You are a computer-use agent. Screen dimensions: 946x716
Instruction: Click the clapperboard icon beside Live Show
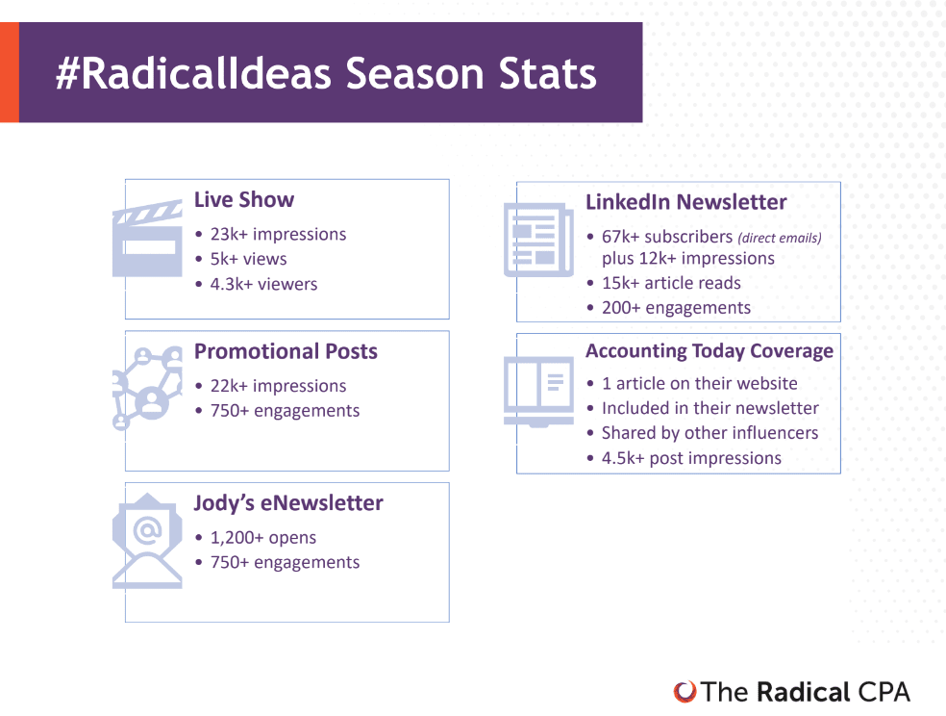pyautogui.click(x=147, y=239)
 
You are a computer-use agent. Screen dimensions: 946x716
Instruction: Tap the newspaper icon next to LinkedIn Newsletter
pyautogui.click(x=538, y=240)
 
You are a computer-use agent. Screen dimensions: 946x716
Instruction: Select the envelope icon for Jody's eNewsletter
pyautogui.click(x=147, y=541)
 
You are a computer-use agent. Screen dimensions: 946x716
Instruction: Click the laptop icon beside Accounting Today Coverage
pyautogui.click(x=538, y=392)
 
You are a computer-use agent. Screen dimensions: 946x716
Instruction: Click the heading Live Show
pyautogui.click(x=244, y=200)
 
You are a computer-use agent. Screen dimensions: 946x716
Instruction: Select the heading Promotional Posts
pyautogui.click(x=286, y=351)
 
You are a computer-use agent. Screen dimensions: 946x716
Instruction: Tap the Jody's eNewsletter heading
pyautogui.click(x=288, y=503)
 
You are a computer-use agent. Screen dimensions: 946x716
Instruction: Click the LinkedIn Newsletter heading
pyautogui.click(x=686, y=202)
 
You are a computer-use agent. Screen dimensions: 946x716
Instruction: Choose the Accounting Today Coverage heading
pyautogui.click(x=709, y=351)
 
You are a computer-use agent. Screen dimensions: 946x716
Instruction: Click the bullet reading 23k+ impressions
pyautogui.click(x=278, y=234)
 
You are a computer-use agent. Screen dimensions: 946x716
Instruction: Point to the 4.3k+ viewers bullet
pyautogui.click(x=263, y=284)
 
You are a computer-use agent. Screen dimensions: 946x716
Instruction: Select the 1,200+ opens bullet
pyautogui.click(x=263, y=537)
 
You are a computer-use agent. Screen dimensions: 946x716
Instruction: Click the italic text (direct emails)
pyautogui.click(x=780, y=238)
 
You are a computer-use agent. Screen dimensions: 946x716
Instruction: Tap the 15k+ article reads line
pyautogui.click(x=671, y=283)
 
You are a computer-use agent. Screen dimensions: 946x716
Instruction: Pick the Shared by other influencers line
pyautogui.click(x=710, y=433)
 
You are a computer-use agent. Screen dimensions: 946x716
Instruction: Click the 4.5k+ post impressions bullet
pyautogui.click(x=691, y=458)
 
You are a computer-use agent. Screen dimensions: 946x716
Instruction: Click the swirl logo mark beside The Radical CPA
pyautogui.click(x=685, y=692)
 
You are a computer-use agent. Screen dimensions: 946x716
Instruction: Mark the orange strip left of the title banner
pyautogui.click(x=10, y=72)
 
